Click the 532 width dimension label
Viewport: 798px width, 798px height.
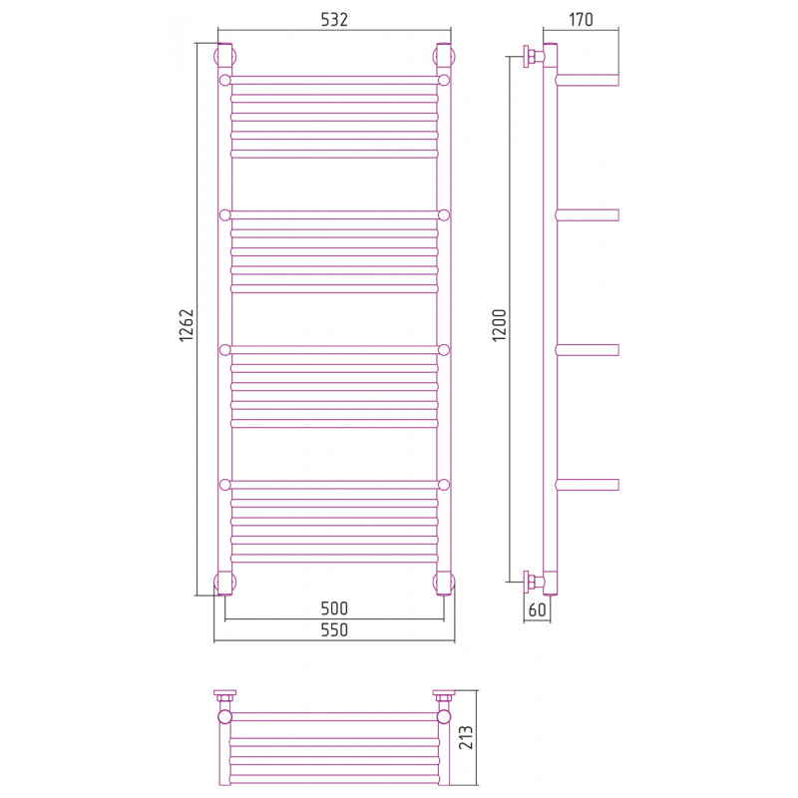click(334, 20)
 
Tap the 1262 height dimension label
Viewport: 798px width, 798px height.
click(187, 325)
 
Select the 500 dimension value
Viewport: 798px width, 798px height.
click(334, 607)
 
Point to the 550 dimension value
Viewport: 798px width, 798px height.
click(334, 629)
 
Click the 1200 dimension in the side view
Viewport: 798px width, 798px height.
click(500, 325)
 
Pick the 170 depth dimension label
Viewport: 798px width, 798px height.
click(581, 20)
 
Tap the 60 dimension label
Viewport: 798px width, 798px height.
click(538, 609)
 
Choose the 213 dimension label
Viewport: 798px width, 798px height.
click(466, 737)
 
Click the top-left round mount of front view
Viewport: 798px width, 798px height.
click(223, 56)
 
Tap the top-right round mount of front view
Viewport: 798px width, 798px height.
click(444, 56)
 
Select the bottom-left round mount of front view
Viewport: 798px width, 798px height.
click(223, 583)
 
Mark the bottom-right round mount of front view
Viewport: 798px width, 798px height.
click(444, 583)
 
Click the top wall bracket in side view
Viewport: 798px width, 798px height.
click(533, 56)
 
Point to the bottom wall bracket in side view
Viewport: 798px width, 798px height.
click(533, 582)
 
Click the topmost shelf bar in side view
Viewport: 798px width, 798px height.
click(587, 80)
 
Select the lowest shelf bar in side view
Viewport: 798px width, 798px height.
click(587, 485)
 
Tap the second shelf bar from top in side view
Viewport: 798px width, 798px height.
click(587, 214)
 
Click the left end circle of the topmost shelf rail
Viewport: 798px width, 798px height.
click(225, 80)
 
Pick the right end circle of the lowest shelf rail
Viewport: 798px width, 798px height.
click(444, 485)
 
